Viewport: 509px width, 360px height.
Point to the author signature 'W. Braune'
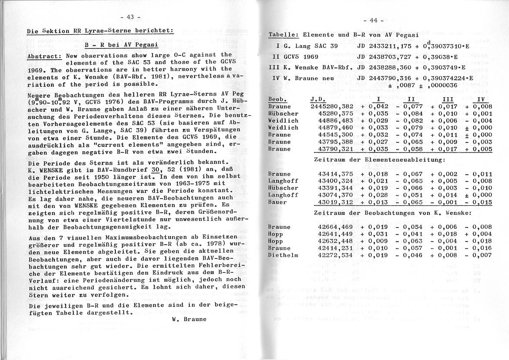click(x=182, y=319)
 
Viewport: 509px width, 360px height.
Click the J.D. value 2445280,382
click(x=332, y=106)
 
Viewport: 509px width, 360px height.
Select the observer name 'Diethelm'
click(x=283, y=255)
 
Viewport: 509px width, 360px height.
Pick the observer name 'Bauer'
click(x=277, y=202)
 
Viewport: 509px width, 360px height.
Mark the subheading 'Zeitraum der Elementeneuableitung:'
click(x=379, y=160)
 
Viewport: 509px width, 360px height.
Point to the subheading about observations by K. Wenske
click(x=392, y=213)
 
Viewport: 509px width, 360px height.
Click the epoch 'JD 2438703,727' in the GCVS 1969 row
click(x=383, y=57)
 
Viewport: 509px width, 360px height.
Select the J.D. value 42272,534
click(x=335, y=255)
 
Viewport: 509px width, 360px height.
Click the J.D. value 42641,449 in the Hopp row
click(x=335, y=234)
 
